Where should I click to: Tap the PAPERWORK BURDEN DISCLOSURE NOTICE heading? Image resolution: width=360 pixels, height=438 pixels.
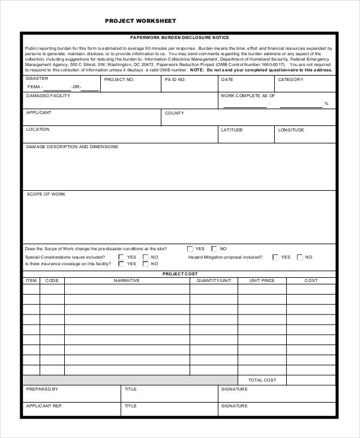point(179,37)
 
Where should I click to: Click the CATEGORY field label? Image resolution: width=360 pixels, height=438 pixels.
point(290,79)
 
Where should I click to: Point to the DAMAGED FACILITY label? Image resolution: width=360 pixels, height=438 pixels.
point(48,96)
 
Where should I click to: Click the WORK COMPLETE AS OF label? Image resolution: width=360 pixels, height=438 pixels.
point(248,96)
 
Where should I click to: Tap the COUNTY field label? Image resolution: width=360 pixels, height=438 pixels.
point(175,113)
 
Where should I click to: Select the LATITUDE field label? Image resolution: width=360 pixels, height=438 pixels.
point(232,130)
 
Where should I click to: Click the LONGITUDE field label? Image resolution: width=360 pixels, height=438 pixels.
point(291,130)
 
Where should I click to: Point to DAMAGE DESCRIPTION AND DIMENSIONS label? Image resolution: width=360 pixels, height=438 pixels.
point(72,146)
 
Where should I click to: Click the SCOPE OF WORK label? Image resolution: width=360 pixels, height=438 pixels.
point(46,194)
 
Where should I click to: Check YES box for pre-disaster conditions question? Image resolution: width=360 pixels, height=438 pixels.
point(190,248)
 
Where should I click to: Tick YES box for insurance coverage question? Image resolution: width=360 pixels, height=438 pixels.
point(121,263)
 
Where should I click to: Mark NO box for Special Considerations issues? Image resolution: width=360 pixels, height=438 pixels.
point(145,257)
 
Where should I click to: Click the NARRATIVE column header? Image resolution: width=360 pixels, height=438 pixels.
point(127,280)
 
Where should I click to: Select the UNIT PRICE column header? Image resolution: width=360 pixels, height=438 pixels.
point(262,280)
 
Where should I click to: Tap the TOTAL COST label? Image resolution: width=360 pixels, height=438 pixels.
point(262,380)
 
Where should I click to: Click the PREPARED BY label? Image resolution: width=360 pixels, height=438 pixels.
point(42,389)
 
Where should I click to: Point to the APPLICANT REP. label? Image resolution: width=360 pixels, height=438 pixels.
point(44,406)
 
